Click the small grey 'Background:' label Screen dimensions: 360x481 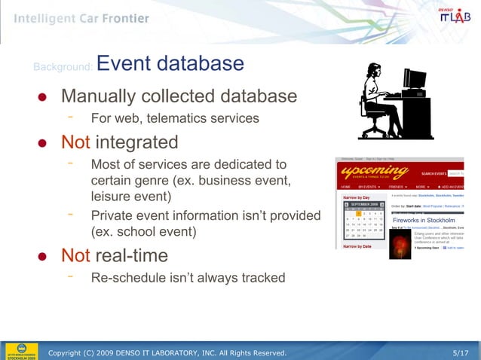[x=63, y=69]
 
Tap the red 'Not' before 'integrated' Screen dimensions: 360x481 [x=75, y=142]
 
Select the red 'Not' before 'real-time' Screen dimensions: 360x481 [x=75, y=255]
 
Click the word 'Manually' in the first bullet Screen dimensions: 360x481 [x=100, y=96]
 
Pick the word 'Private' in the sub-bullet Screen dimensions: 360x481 [x=112, y=215]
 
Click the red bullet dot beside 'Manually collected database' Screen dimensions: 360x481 [x=43, y=98]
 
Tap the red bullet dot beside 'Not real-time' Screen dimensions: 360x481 [x=43, y=256]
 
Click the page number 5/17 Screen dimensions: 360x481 [x=460, y=352]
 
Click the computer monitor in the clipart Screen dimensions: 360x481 [x=414, y=78]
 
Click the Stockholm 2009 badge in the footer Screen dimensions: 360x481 [x=20, y=351]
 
